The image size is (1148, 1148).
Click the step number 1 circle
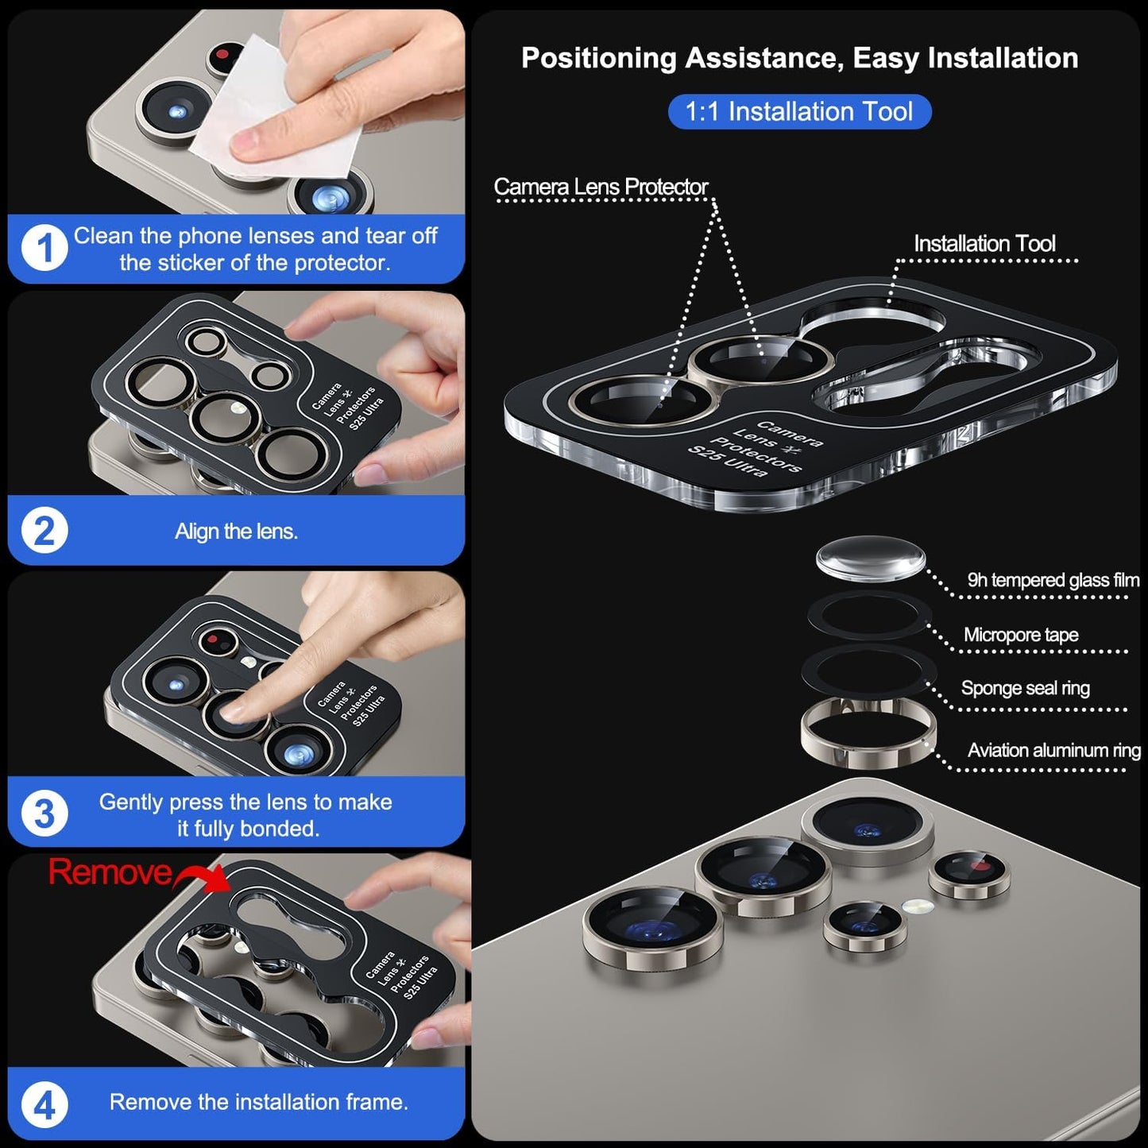click(44, 249)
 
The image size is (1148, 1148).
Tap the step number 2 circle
click(44, 531)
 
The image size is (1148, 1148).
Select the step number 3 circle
click(44, 814)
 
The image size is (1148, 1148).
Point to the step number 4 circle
click(44, 1104)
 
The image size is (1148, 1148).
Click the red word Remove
click(110, 872)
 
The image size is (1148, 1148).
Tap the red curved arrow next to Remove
click(203, 878)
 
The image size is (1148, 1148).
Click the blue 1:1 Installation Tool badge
click(798, 112)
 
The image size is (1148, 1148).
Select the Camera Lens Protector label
click(601, 187)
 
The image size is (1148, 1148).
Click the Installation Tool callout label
click(984, 243)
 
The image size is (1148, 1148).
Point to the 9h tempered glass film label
click(1053, 580)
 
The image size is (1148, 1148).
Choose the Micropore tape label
click(1021, 635)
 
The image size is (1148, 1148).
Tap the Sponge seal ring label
click(1025, 688)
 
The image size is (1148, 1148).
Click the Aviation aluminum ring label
click(1053, 750)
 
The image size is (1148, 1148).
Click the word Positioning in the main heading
click(597, 58)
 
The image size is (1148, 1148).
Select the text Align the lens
click(236, 531)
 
